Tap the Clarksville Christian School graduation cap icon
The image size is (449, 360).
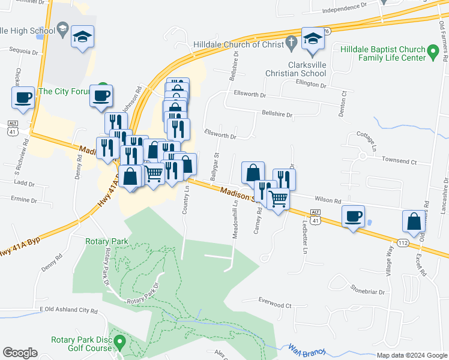[312, 40]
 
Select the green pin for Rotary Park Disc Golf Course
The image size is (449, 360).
[119, 343]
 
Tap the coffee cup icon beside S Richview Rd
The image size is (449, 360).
[23, 98]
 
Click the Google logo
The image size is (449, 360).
[20, 353]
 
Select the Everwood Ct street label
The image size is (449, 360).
[274, 305]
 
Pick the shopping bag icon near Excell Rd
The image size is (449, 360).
[414, 221]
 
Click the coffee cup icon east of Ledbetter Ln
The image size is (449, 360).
[353, 216]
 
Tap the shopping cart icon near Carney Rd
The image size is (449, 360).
[278, 198]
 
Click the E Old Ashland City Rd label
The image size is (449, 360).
[68, 310]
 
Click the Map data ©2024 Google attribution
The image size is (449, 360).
[411, 355]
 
